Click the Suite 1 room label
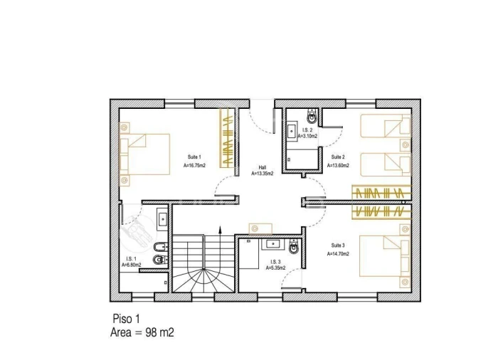(194, 157)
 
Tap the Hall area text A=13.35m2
(262, 174)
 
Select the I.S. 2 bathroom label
(307, 130)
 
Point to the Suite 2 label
(338, 157)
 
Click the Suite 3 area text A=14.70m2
(338, 254)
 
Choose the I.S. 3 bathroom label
(275, 262)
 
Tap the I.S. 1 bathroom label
(131, 258)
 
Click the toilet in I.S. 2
(312, 116)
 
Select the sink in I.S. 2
(292, 130)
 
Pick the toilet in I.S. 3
(294, 246)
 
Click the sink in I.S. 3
(272, 244)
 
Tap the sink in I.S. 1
(162, 219)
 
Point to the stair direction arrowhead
(220, 229)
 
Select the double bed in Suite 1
(144, 154)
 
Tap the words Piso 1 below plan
(127, 319)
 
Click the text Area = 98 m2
(142, 333)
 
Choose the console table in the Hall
(260, 229)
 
